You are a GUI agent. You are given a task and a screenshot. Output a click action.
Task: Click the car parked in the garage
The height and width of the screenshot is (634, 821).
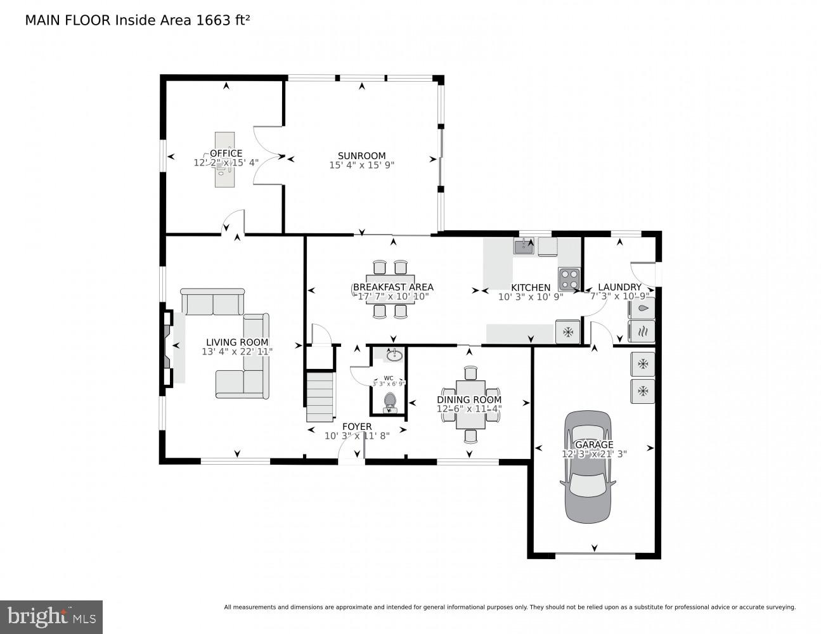(588, 467)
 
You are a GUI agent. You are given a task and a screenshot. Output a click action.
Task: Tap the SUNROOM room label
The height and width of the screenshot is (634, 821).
(361, 156)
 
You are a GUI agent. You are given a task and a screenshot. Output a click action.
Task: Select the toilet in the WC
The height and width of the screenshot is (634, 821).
(390, 402)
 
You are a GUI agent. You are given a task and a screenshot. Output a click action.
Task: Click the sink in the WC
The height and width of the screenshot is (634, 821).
(393, 354)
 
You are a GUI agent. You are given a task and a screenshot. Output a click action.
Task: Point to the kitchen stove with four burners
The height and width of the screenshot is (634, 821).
(569, 278)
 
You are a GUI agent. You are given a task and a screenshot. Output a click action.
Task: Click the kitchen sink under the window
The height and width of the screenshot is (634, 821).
(523, 246)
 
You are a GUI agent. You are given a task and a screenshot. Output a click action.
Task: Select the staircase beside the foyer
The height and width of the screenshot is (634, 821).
(320, 397)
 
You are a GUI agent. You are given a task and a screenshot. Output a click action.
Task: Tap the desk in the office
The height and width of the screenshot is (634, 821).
(224, 160)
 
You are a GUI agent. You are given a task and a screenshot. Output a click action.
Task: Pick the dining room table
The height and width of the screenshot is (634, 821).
(470, 404)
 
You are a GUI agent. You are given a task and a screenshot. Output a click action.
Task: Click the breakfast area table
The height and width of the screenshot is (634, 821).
(389, 288)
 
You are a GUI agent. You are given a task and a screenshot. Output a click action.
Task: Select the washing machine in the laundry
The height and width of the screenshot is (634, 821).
(642, 309)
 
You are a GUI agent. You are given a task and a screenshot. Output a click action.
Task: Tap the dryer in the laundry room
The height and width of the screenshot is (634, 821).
(642, 331)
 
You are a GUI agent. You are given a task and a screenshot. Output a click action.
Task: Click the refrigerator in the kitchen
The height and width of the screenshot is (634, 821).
(568, 332)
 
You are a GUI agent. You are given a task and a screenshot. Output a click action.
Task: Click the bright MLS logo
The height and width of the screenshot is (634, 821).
(51, 616)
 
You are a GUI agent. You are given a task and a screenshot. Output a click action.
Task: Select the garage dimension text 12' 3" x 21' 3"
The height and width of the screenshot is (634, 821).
(594, 454)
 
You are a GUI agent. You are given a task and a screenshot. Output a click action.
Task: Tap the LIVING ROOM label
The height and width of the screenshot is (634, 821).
(236, 342)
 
